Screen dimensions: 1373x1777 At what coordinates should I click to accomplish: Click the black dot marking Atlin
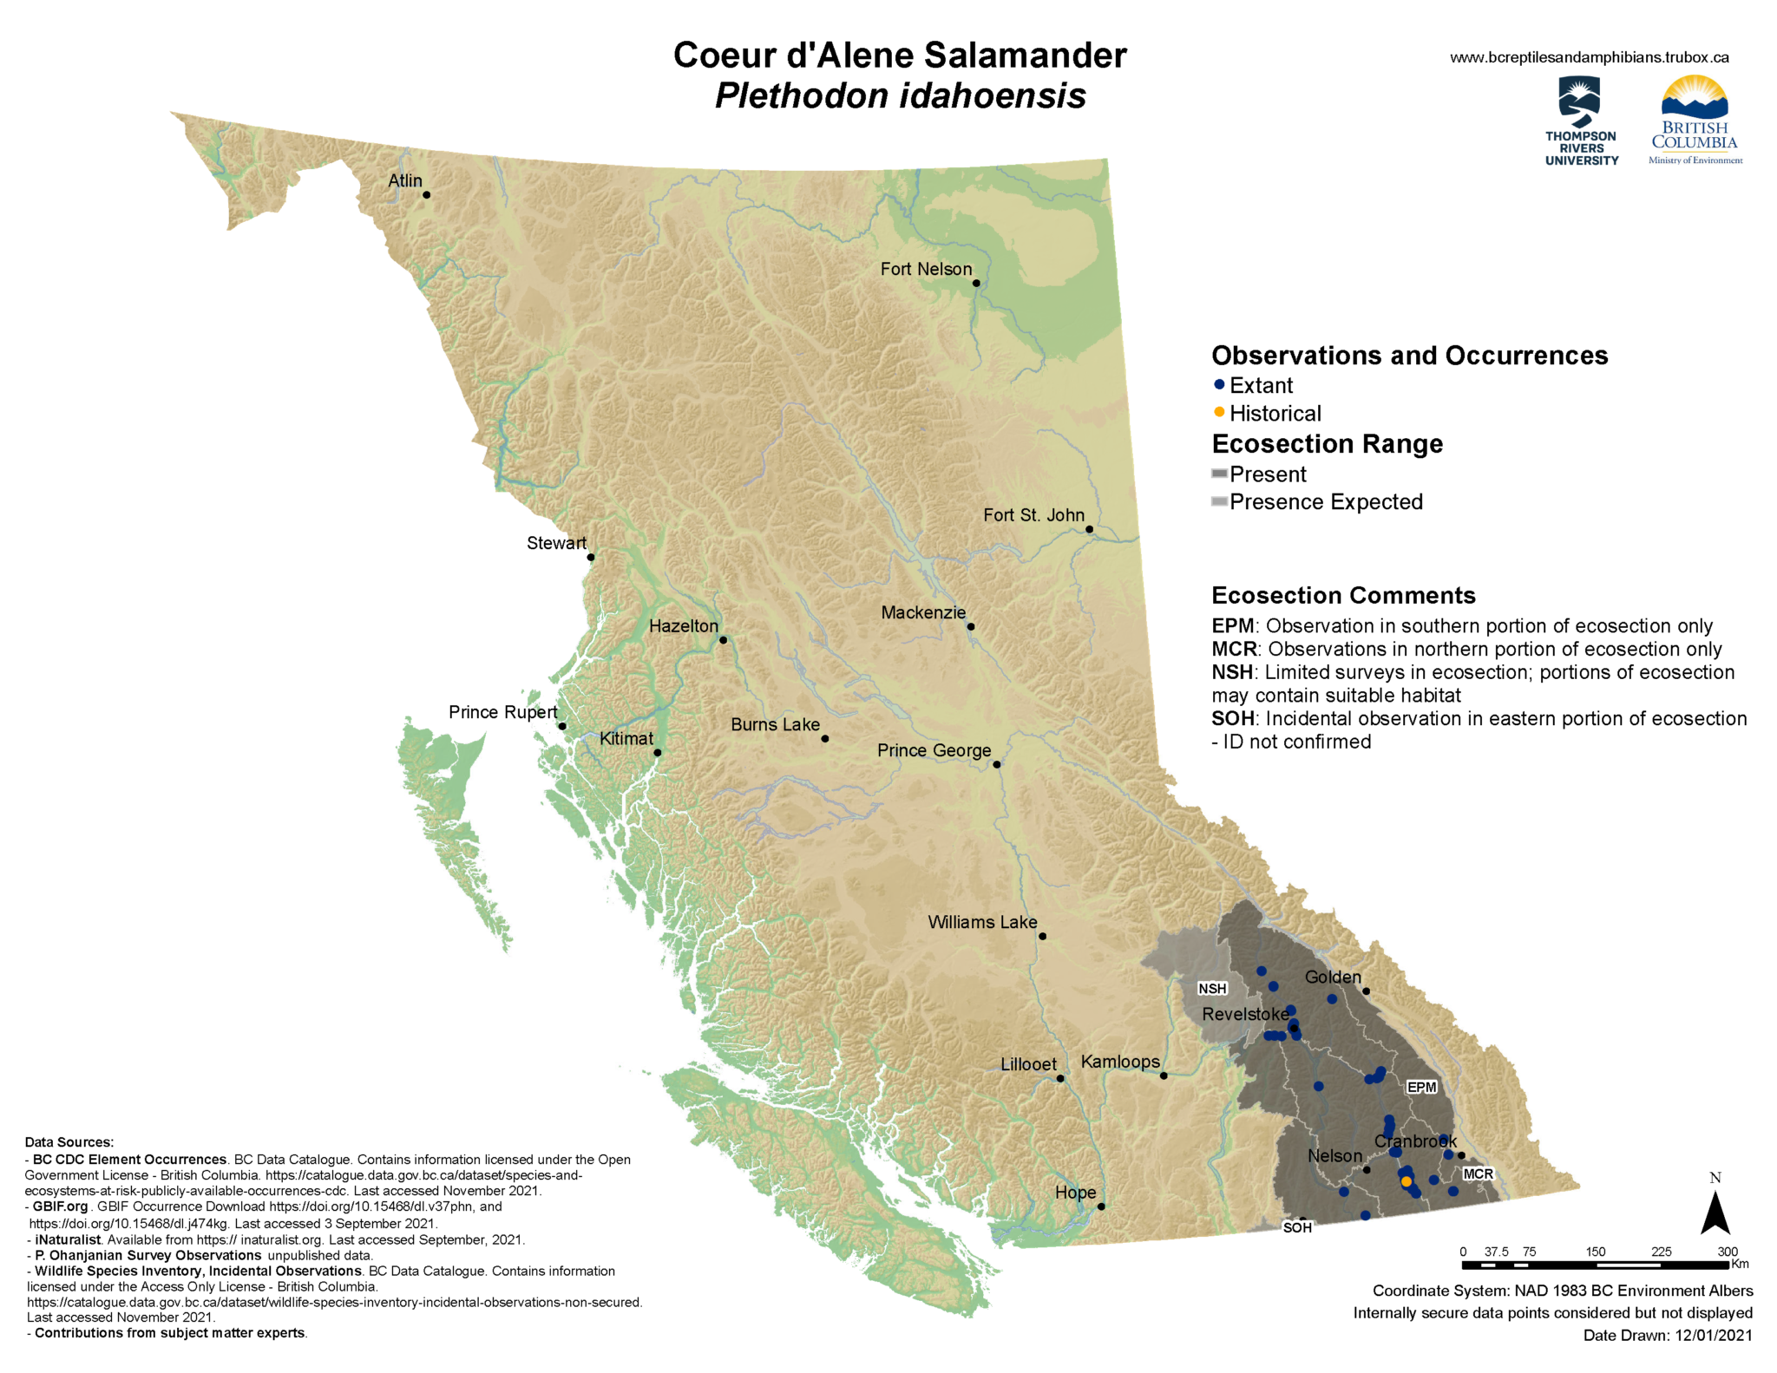[x=426, y=195]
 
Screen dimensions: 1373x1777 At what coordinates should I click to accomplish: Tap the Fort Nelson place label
[x=926, y=269]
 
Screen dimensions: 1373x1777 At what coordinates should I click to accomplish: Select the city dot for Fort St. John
[x=1089, y=529]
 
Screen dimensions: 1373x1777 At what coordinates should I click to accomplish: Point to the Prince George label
[x=934, y=750]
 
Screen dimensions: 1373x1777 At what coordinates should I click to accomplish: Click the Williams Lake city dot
[x=1042, y=936]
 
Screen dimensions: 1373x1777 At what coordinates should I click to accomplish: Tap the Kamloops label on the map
[x=1119, y=1062]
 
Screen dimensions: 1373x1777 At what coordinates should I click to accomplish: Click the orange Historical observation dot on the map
[x=1406, y=1181]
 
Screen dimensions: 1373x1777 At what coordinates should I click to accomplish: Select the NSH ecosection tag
[x=1212, y=989]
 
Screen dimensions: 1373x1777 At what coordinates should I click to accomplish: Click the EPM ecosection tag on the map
[x=1421, y=1087]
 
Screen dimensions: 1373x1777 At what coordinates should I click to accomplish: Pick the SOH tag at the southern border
[x=1297, y=1227]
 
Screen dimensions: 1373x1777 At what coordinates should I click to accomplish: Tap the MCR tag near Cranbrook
[x=1478, y=1174]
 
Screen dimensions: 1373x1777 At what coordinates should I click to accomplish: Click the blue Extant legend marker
[x=1219, y=384]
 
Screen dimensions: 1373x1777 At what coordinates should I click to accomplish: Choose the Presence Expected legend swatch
[x=1219, y=501]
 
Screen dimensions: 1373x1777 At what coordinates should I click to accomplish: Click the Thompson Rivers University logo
[x=1581, y=121]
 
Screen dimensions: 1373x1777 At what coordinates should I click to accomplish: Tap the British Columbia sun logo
[x=1695, y=119]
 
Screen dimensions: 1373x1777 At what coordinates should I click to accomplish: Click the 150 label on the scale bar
[x=1595, y=1252]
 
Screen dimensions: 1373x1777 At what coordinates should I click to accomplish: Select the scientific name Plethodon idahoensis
[x=900, y=95]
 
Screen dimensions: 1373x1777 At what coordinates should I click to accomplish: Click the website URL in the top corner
[x=1589, y=57]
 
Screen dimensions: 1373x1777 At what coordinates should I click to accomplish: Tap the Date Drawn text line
[x=1667, y=1335]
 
